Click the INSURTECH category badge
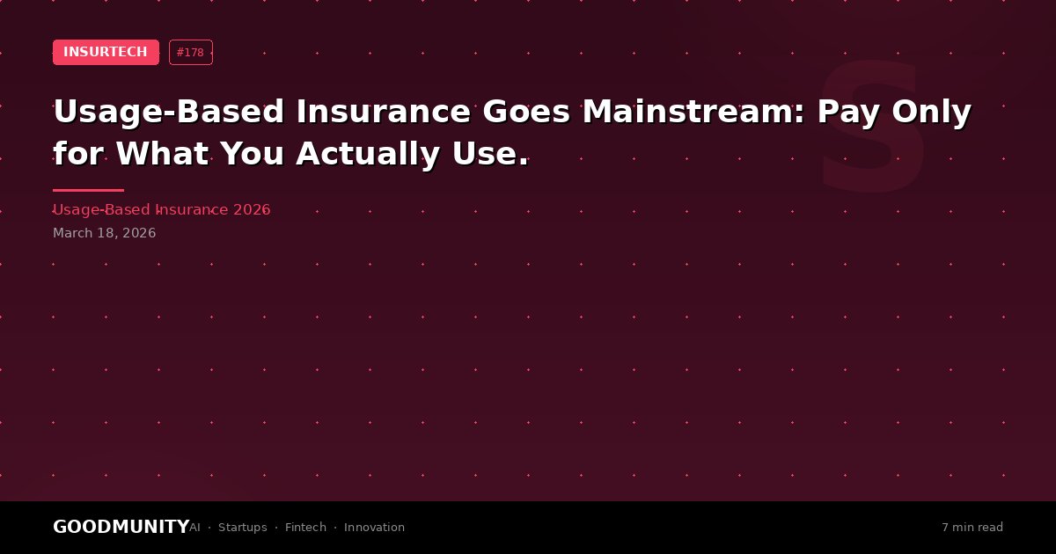(x=106, y=52)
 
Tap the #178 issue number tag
(x=190, y=52)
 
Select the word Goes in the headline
(x=526, y=112)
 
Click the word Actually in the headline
(x=368, y=155)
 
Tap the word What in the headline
(x=162, y=154)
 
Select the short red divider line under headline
(x=88, y=190)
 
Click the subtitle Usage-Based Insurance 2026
(x=162, y=209)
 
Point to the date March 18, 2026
(x=104, y=233)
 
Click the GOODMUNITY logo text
(x=121, y=527)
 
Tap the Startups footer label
(x=242, y=528)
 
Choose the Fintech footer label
(x=305, y=527)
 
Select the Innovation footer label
(x=374, y=527)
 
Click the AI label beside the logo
(x=194, y=527)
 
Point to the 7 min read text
(x=972, y=527)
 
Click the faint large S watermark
(x=873, y=127)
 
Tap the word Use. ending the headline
(x=490, y=154)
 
